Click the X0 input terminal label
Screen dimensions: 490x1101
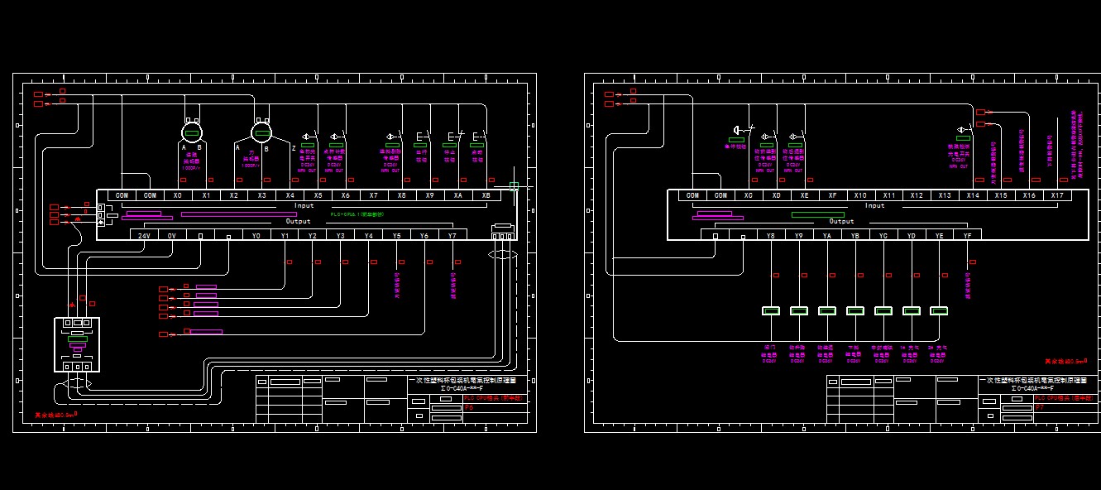[178, 195]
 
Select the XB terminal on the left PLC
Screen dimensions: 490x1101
[486, 195]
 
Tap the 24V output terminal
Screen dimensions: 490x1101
[144, 236]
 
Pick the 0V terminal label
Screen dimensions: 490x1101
[172, 236]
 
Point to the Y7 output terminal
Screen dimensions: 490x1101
[452, 236]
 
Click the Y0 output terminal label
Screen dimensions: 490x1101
[256, 236]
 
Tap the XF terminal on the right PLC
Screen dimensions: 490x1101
[833, 195]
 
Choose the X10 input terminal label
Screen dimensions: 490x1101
[861, 195]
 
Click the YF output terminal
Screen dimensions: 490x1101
[967, 235]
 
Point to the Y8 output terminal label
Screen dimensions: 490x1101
[771, 235]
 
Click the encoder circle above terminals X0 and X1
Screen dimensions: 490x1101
[193, 132]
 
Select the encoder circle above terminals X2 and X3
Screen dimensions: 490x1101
[262, 132]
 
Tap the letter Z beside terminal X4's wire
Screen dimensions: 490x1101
[294, 147]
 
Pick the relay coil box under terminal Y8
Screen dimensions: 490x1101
[771, 311]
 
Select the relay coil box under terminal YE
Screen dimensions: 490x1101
[939, 311]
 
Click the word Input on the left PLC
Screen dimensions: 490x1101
[304, 205]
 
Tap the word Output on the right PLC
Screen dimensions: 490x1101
[841, 221]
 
